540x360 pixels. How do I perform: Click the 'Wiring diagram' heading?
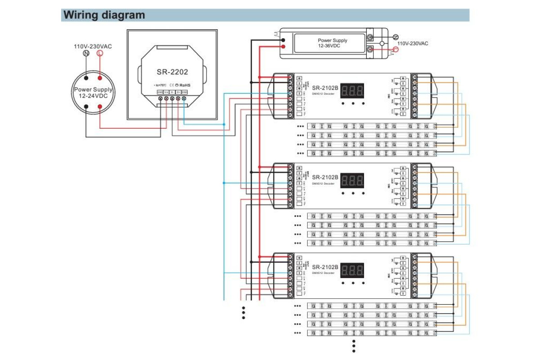[104, 15]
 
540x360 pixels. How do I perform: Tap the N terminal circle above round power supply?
[86, 54]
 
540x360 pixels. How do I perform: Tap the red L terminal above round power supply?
[100, 54]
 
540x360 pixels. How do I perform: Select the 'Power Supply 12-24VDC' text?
[93, 93]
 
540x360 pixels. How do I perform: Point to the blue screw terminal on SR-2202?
[184, 98]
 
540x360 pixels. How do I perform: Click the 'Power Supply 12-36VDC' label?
[333, 43]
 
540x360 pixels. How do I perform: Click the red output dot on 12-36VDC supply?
[283, 46]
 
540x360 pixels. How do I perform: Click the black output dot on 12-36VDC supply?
[283, 39]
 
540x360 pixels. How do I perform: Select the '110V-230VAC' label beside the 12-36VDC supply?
[412, 44]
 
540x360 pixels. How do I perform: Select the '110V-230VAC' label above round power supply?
[93, 46]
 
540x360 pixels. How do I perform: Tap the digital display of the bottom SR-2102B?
[352, 270]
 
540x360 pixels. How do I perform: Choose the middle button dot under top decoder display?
[353, 103]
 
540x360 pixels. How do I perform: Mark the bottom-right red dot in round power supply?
[100, 107]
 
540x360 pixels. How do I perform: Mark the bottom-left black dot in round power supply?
[86, 107]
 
